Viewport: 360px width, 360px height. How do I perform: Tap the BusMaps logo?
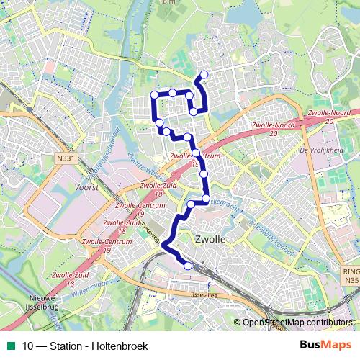coord(325,346)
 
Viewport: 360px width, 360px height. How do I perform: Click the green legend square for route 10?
coord(12,346)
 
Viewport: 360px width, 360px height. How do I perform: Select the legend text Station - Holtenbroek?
coord(101,346)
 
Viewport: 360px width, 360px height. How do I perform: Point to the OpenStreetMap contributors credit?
coord(297,323)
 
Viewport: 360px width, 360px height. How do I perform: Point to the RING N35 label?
coord(349,276)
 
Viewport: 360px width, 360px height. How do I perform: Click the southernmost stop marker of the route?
coord(189,266)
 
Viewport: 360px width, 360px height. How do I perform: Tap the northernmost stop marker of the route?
coord(204,75)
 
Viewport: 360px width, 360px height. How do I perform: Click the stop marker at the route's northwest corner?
coord(154,95)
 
